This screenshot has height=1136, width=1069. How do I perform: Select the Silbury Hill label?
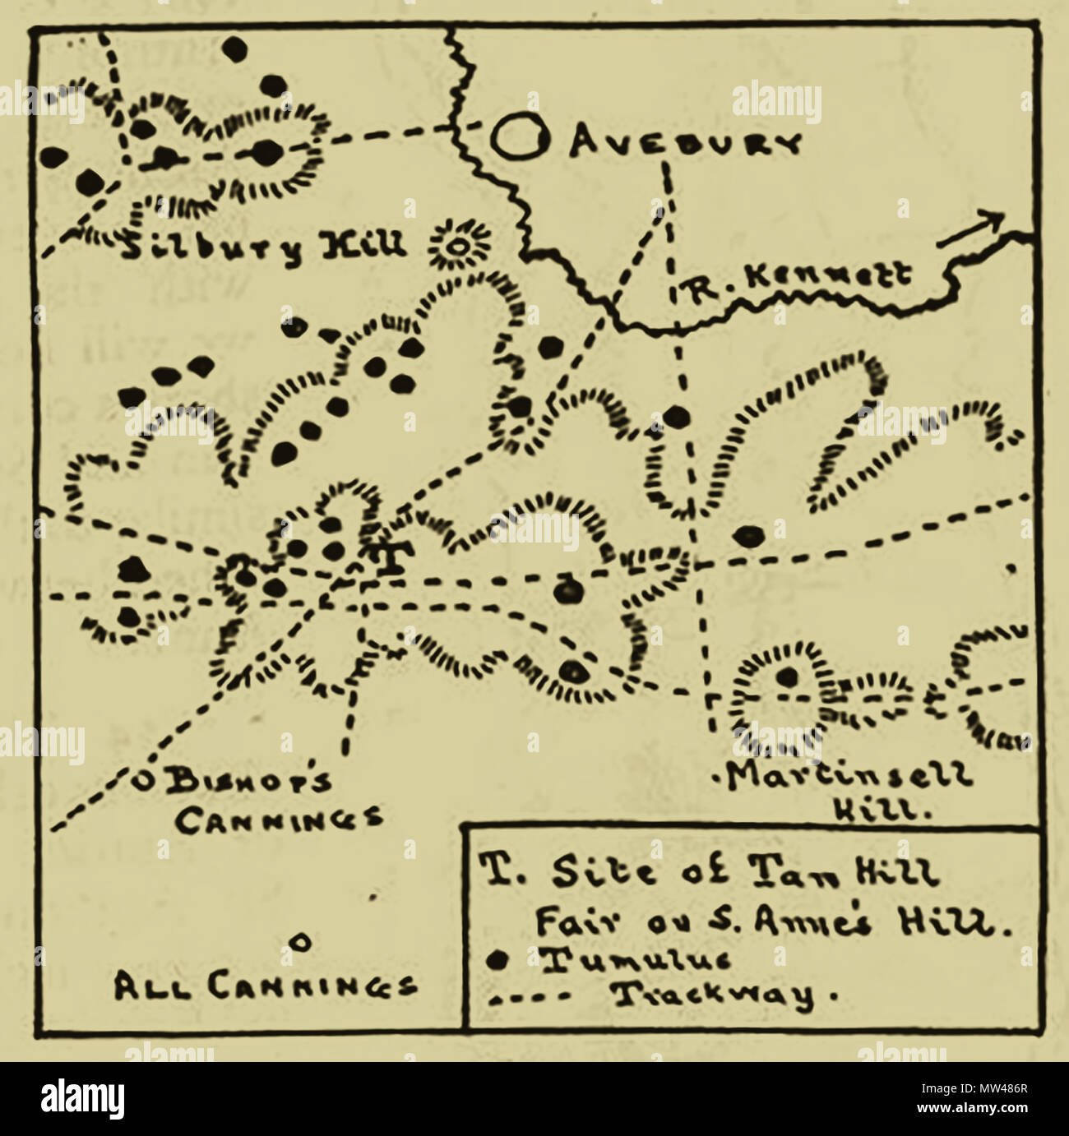pyautogui.click(x=263, y=244)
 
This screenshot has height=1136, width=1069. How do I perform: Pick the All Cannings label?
pyautogui.click(x=263, y=986)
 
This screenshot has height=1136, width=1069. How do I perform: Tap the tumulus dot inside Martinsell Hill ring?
pyautogui.click(x=787, y=677)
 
